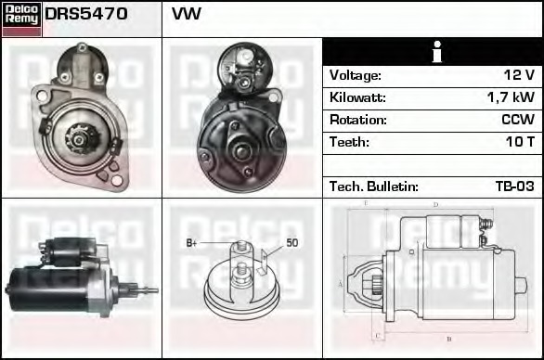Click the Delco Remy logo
click(21, 18)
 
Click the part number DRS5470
click(86, 15)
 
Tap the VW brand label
click(187, 15)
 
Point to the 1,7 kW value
click(511, 97)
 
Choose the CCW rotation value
click(517, 120)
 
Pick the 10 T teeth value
click(518, 142)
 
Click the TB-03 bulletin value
click(514, 186)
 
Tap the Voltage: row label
click(355, 75)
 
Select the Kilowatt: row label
click(357, 97)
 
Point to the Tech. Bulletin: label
click(373, 186)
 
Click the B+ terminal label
click(192, 243)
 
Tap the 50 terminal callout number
click(291, 243)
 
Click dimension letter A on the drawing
click(341, 283)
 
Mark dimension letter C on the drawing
click(375, 335)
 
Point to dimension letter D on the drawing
click(435, 204)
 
